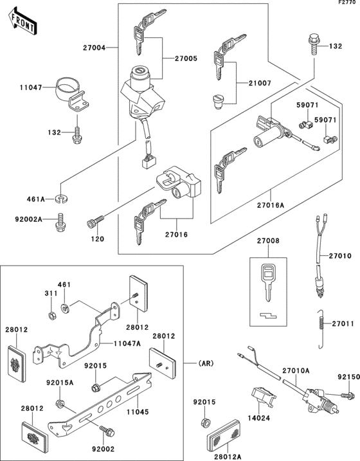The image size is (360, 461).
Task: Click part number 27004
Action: point(94,48)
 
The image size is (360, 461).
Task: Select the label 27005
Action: point(186,59)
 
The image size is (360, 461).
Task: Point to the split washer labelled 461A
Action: point(62,199)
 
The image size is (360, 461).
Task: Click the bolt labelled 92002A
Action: point(61,222)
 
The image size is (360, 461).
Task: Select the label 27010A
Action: point(296,371)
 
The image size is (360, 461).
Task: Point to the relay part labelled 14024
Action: point(263,397)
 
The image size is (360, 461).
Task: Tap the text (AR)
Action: point(206,364)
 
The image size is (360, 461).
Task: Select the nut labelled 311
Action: point(52,316)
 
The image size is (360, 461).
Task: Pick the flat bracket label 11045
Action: point(138,412)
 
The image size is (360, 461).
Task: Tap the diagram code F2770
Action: point(349,3)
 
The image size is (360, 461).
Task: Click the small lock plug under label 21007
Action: point(218,102)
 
